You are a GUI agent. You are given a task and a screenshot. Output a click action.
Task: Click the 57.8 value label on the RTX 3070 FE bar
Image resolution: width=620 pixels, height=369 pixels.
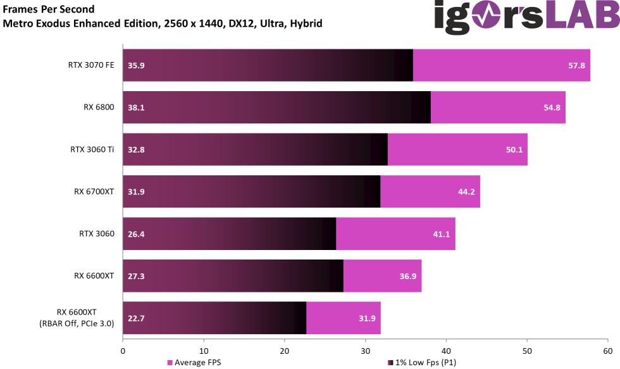pyautogui.click(x=576, y=65)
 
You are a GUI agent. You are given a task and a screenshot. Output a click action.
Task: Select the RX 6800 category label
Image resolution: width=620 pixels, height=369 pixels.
pyautogui.click(x=98, y=107)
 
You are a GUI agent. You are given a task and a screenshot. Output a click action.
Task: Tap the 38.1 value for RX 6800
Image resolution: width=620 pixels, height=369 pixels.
pyautogui.click(x=136, y=108)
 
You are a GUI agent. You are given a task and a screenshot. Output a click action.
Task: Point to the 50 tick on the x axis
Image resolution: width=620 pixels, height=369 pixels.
pyautogui.click(x=527, y=350)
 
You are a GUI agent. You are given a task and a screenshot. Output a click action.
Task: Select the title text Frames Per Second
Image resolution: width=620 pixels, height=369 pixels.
pyautogui.click(x=49, y=9)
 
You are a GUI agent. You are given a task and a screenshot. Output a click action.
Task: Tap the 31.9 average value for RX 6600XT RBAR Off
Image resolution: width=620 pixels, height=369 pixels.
pyautogui.click(x=367, y=318)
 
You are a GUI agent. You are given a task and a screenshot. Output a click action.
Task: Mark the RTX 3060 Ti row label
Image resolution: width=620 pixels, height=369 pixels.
pyautogui.click(x=92, y=149)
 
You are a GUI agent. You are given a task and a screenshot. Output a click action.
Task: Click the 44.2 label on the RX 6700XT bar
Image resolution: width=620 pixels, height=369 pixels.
pyautogui.click(x=466, y=192)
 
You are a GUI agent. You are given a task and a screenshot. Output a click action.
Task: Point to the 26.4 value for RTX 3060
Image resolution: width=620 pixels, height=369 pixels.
pyautogui.click(x=136, y=234)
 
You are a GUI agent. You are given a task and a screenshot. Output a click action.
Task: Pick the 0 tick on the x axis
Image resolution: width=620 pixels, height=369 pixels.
pyautogui.click(x=123, y=350)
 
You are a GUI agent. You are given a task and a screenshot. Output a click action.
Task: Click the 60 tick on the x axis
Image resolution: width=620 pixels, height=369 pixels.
pyautogui.click(x=607, y=350)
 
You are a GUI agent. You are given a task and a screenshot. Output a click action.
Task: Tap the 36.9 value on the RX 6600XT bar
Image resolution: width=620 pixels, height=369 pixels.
pyautogui.click(x=407, y=276)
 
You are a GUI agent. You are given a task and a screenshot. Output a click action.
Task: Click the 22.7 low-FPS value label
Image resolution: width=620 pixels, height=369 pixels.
pyautogui.click(x=136, y=318)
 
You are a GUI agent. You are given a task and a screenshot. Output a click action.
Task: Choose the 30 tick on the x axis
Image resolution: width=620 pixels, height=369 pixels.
pyautogui.click(x=365, y=350)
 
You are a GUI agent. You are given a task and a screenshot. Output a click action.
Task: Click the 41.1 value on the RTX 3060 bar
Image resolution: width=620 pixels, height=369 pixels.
pyautogui.click(x=441, y=234)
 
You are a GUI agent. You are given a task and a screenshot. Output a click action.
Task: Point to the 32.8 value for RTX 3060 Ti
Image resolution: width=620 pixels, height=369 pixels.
pyautogui.click(x=136, y=149)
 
